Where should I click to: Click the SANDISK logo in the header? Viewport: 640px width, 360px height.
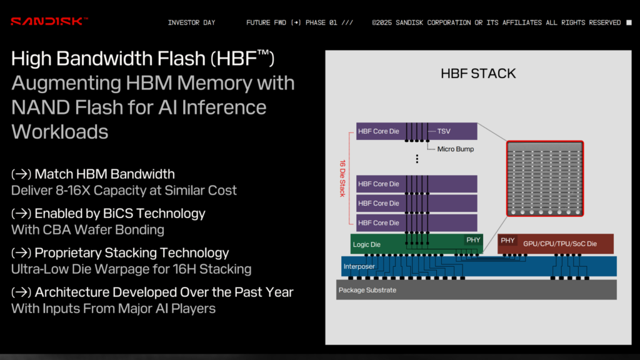coord(49,22)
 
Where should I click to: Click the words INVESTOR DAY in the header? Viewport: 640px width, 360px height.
coord(191,22)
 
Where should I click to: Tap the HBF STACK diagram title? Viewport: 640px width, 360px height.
coord(478,74)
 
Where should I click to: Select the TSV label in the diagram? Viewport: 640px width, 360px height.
coord(444,132)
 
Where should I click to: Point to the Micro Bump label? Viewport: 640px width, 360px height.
coord(455,149)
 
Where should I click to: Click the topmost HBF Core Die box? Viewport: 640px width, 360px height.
coord(379,131)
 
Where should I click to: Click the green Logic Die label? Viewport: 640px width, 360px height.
coord(367,244)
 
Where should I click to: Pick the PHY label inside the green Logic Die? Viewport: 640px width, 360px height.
coord(473,240)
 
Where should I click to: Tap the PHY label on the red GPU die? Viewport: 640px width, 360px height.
coord(507,240)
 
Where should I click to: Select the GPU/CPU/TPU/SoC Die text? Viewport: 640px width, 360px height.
coord(560,244)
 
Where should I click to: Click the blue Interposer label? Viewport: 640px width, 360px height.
coord(359,267)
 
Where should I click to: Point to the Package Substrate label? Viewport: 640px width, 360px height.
coord(367,290)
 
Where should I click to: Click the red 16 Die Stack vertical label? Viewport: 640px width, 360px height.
coord(342,178)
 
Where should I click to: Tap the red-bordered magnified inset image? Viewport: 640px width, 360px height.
coord(544,179)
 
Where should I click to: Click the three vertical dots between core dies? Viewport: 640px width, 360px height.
coord(417,159)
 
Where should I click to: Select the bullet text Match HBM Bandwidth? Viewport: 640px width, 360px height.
coord(104,174)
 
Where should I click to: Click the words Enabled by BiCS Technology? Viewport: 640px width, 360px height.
coord(120,213)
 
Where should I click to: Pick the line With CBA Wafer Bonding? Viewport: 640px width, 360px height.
coord(87,229)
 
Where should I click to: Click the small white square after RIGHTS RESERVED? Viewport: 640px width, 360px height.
coord(629,22)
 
